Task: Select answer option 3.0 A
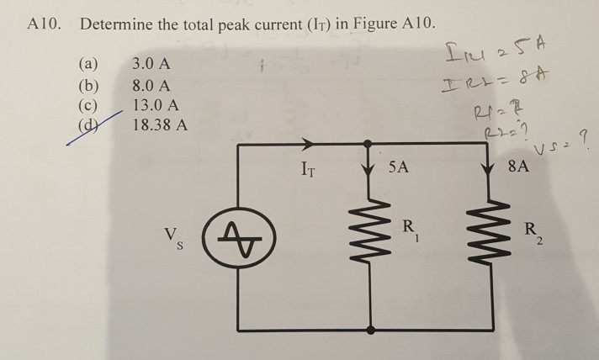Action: pyautogui.click(x=152, y=64)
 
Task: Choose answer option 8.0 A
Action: pyautogui.click(x=152, y=85)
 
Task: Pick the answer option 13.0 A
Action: pyautogui.click(x=156, y=106)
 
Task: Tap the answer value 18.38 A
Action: pyautogui.click(x=161, y=127)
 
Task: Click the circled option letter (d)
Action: pyautogui.click(x=88, y=128)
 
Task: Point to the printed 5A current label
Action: pyautogui.click(x=400, y=167)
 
